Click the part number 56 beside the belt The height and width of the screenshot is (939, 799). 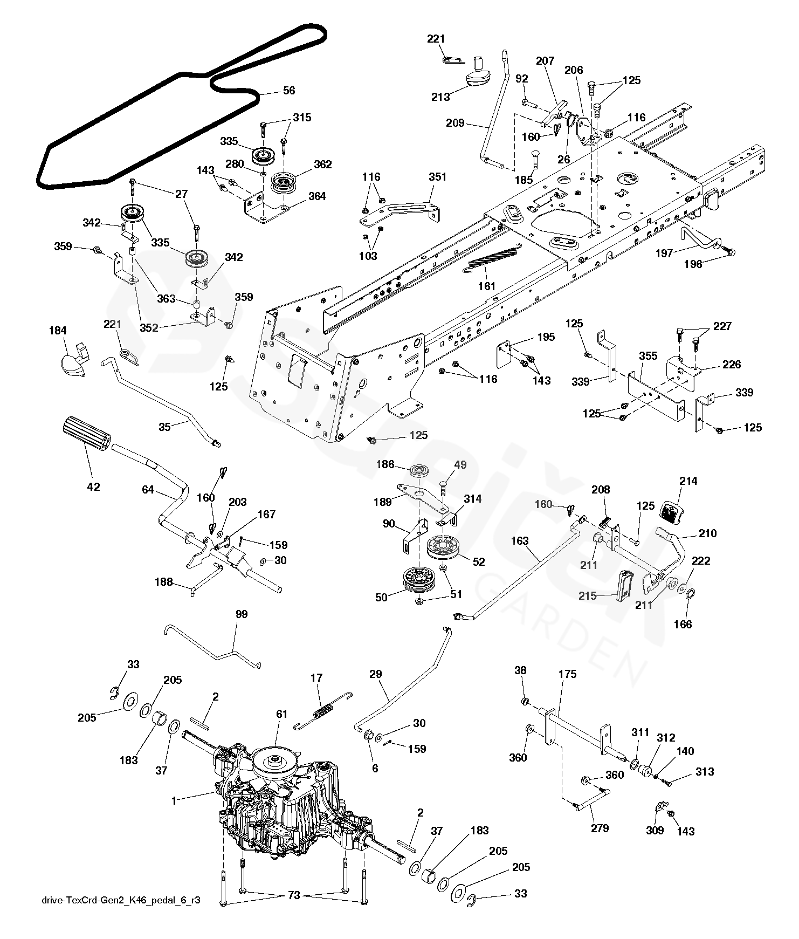click(x=290, y=91)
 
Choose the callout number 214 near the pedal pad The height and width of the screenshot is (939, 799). click(x=688, y=481)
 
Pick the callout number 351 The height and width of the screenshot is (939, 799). click(x=438, y=177)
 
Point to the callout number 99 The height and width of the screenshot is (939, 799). click(x=242, y=614)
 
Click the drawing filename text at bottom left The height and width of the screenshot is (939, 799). click(x=121, y=901)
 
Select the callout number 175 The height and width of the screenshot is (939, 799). click(x=568, y=674)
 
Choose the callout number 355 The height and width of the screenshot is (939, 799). click(x=649, y=356)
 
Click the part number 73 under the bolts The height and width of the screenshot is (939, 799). click(x=293, y=896)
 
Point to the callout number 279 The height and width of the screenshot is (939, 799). click(x=600, y=828)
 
